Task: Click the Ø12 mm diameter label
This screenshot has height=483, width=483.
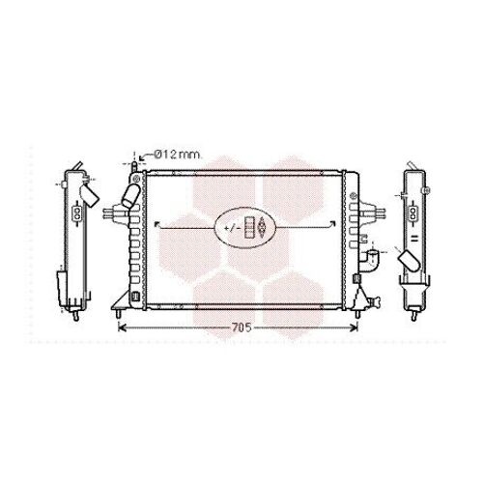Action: [x=178, y=155]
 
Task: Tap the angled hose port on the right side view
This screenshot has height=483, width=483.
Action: [x=410, y=260]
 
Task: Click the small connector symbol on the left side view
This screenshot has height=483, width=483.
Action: [x=76, y=212]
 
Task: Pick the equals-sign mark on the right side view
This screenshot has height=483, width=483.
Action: [x=413, y=234]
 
